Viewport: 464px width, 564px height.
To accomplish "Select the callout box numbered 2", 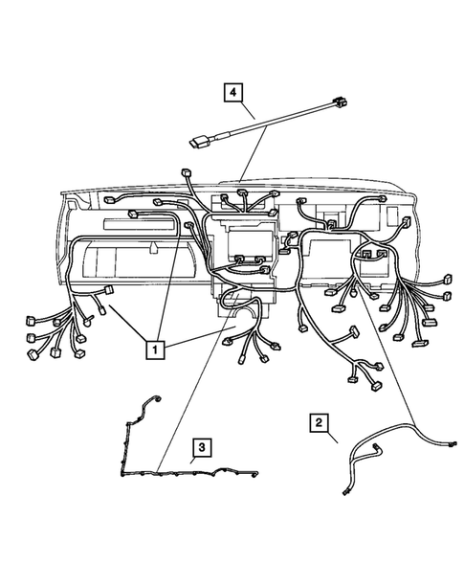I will (320, 421).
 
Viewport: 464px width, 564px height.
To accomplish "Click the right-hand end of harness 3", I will (259, 471).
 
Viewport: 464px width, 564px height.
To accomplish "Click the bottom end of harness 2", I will (343, 492).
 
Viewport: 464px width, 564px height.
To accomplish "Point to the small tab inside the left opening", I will (153, 249).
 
